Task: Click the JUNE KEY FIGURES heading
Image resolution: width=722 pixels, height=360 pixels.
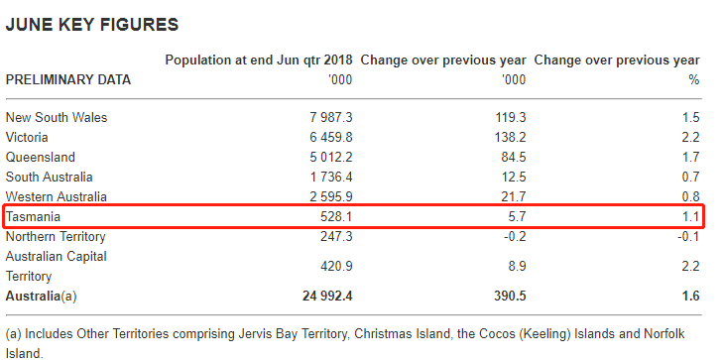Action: pos(91,25)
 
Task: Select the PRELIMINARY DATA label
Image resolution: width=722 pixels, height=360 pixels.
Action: pos(68,80)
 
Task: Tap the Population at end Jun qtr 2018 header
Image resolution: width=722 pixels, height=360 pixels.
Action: pos(259,60)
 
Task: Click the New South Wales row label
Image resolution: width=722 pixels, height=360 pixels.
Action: pos(57,117)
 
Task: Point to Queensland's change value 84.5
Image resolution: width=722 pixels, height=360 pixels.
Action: pos(514,157)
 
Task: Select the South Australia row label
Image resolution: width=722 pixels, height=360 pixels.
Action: pos(49,177)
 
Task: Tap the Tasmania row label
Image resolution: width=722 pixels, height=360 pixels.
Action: pos(33,216)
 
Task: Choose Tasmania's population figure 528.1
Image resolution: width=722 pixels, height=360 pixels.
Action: pos(336,216)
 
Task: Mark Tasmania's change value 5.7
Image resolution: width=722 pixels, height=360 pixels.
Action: pos(517,216)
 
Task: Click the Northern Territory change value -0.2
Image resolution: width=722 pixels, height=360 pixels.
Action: pos(515,236)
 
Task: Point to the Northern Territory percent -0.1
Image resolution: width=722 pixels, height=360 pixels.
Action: pos(688,236)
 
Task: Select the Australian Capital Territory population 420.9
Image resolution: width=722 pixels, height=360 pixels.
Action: pos(336,266)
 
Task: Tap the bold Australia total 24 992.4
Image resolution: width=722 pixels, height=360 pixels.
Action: pos(327,296)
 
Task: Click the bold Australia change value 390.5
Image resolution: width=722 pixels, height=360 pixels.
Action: pos(510,296)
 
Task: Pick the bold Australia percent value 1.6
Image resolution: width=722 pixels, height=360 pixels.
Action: pos(690,296)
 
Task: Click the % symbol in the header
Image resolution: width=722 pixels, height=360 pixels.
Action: pos(694,80)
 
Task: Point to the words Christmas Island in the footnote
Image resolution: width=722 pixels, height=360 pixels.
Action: pos(403,334)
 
